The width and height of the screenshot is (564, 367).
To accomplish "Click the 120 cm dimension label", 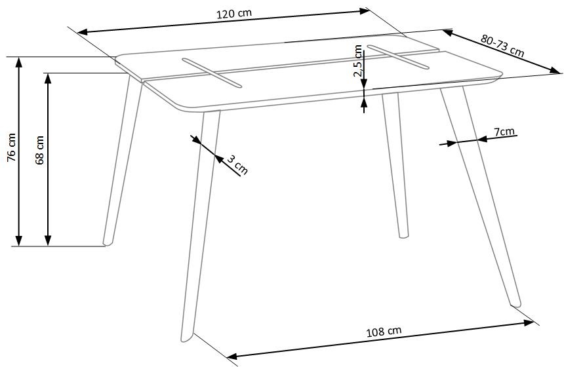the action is click(x=234, y=14).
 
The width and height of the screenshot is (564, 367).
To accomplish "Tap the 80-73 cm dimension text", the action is click(x=502, y=45).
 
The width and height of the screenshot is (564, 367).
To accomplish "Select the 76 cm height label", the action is click(x=12, y=147).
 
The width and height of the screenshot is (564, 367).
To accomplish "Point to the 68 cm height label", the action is click(x=39, y=150).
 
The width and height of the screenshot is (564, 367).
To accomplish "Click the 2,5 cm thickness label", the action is click(x=357, y=60).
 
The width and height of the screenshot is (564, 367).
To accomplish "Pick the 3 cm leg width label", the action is click(x=238, y=164).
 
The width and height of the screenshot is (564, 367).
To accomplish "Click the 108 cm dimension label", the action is click(x=384, y=331).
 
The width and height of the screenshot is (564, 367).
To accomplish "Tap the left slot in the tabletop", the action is click(x=212, y=72).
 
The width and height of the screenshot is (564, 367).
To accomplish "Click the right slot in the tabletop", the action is click(x=398, y=57).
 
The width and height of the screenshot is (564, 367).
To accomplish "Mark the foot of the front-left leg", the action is click(x=187, y=338).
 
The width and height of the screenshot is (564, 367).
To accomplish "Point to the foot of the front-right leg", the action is click(x=516, y=303).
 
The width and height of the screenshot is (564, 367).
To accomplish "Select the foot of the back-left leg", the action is click(x=108, y=242).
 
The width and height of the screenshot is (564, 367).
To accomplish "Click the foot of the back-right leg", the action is click(x=404, y=235).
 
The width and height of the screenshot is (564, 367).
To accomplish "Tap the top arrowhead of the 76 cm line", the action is click(x=19, y=62).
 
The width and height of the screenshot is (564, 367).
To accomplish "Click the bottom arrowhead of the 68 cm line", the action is click(x=48, y=241).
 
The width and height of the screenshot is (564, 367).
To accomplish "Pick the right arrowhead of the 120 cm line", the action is click(x=365, y=11).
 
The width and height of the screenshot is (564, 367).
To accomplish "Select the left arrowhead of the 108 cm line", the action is click(x=233, y=357).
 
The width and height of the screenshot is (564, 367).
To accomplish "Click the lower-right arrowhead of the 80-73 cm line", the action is click(x=554, y=70).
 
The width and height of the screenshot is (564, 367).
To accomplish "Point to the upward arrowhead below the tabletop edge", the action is click(x=364, y=103).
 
